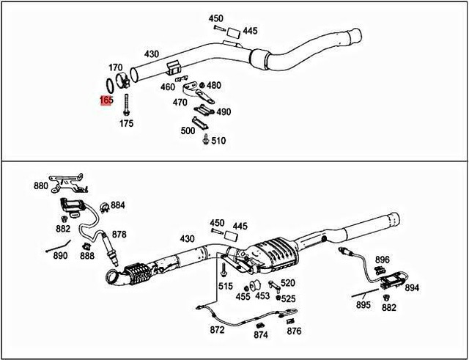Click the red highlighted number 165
tap(106, 100)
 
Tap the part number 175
tap(127, 124)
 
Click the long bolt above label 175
tap(127, 105)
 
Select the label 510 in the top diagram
tap(218, 140)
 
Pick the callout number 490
tap(223, 111)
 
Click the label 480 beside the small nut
tap(214, 86)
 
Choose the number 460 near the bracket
tap(168, 87)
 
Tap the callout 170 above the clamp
tap(116, 67)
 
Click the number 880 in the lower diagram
tap(41, 186)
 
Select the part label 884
tap(118, 205)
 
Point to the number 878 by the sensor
tap(119, 235)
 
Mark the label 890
tap(60, 255)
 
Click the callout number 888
tap(87, 255)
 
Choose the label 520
tap(287, 283)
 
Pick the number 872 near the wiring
tap(217, 330)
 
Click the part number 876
tap(294, 331)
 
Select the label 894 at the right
tap(412, 288)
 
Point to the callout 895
tap(363, 305)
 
